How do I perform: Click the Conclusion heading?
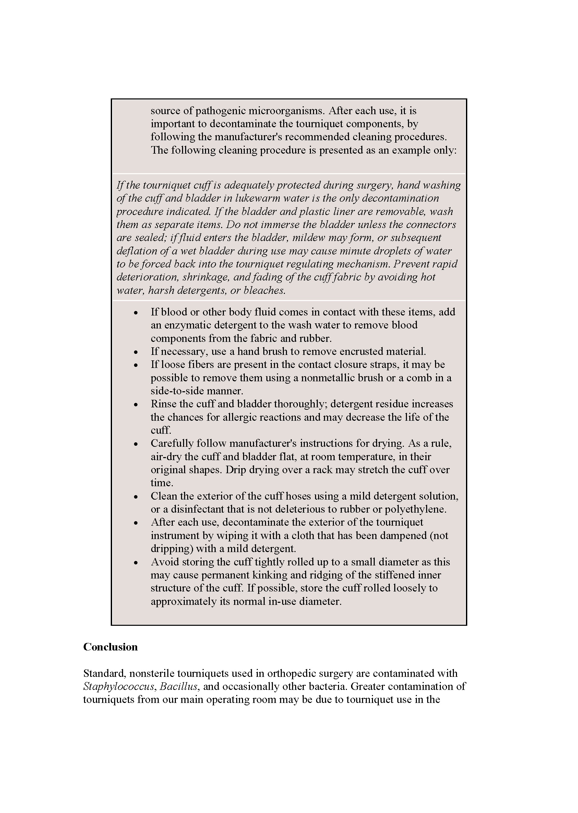(x=110, y=647)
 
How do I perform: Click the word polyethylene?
(x=413, y=509)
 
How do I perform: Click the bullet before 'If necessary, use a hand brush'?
(x=136, y=352)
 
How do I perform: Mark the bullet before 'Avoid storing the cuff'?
(x=136, y=562)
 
